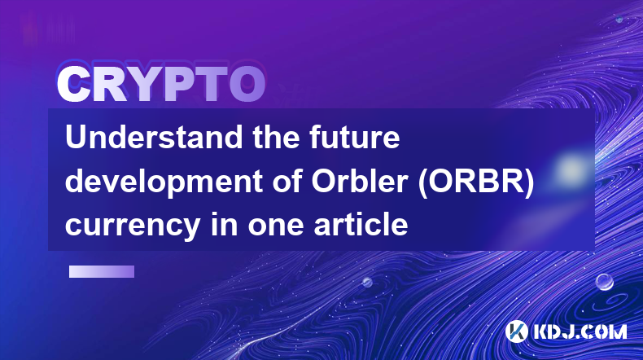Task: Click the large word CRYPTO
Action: pyautogui.click(x=161, y=85)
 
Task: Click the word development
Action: pyautogui.click(x=164, y=182)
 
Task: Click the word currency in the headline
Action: pyautogui.click(x=133, y=226)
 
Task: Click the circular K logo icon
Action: pyautogui.click(x=516, y=331)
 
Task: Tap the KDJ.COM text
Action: pyautogui.click(x=580, y=331)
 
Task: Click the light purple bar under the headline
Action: pyautogui.click(x=102, y=272)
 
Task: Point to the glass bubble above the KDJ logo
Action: pyautogui.click(x=605, y=282)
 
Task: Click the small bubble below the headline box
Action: pyautogui.click(x=367, y=282)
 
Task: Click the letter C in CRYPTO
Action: pyautogui.click(x=73, y=85)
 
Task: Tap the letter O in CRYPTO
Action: pyautogui.click(x=247, y=85)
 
